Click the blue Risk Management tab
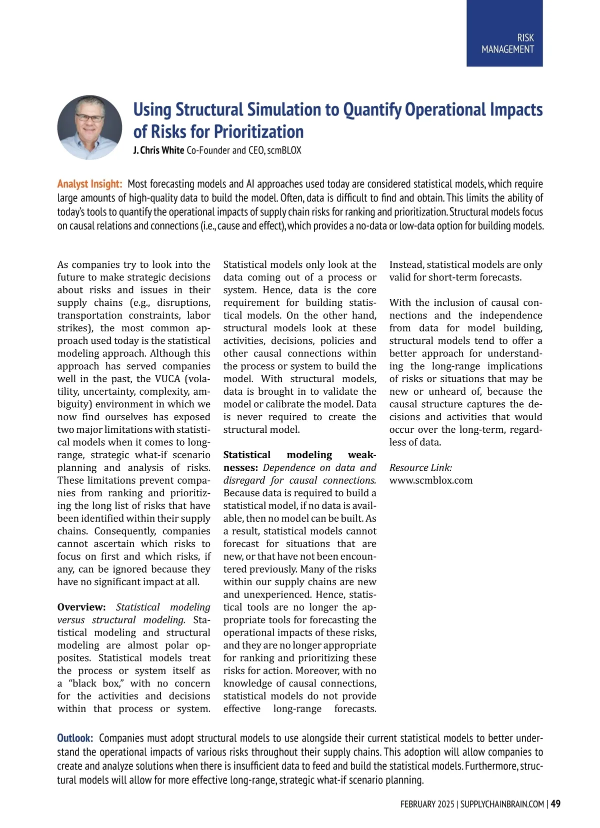(504, 33)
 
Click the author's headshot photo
(89, 127)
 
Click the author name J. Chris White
(158, 150)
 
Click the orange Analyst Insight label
(89, 184)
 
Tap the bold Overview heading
(81, 607)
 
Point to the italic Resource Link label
(420, 468)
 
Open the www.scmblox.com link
(430, 480)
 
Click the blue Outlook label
(75, 738)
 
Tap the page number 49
(555, 804)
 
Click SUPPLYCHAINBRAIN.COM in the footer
(502, 804)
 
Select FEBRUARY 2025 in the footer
(427, 804)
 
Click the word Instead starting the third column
(405, 265)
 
